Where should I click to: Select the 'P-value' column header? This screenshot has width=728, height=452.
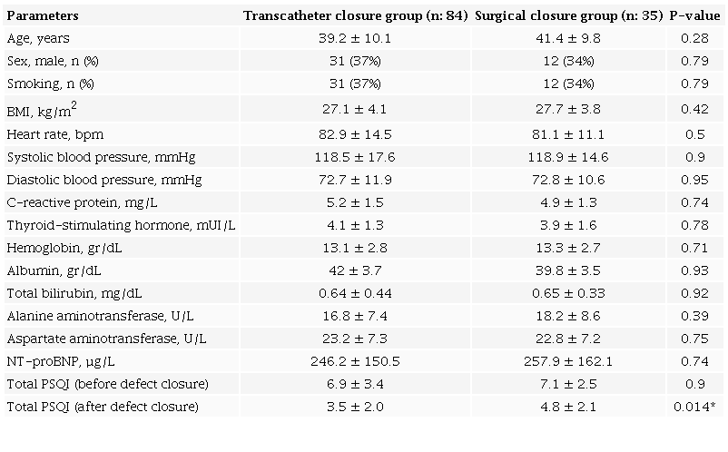[694, 15]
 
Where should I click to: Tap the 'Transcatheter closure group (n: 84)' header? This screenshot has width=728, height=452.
[355, 15]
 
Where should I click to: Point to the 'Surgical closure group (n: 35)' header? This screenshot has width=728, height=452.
[568, 15]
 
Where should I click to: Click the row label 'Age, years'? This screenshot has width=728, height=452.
[37, 38]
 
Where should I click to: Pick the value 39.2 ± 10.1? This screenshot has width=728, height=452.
[355, 38]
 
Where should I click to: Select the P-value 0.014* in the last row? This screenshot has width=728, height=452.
[694, 406]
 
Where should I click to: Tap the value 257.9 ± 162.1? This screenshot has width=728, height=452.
[568, 360]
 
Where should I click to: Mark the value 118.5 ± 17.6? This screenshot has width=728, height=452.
[355, 156]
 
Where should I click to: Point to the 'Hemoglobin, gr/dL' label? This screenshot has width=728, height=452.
[59, 247]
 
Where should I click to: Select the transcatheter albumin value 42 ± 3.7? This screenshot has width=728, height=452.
[355, 270]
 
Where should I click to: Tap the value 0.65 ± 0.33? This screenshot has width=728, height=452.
[568, 292]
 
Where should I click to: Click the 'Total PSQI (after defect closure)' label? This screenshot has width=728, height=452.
[103, 406]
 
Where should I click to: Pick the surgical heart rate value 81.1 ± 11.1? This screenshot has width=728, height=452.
[568, 133]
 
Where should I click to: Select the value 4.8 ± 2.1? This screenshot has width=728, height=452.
[568, 406]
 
